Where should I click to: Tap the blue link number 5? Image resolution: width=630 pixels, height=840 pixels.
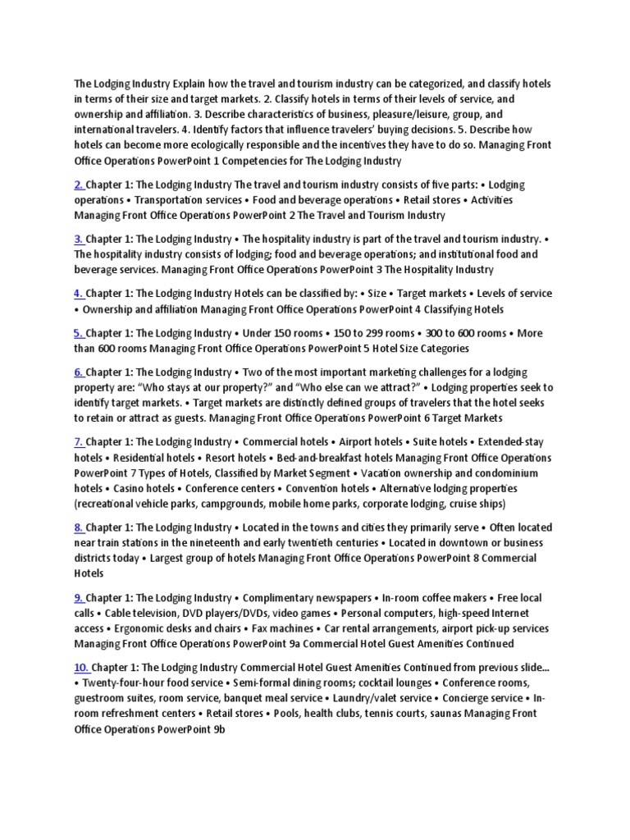[x=79, y=333]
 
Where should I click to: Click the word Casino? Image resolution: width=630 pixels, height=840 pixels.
[x=90, y=489]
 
